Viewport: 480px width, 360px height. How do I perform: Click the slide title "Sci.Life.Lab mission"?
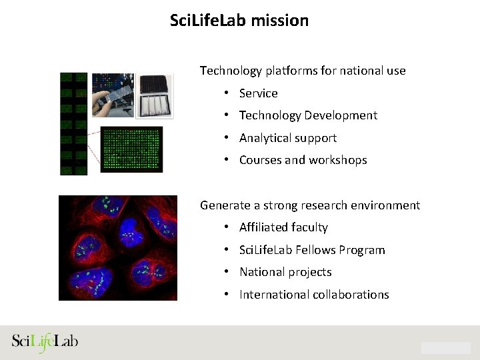[x=239, y=21]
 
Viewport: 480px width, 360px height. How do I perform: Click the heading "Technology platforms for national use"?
[x=303, y=71]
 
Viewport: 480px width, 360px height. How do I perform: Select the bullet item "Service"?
[x=258, y=93]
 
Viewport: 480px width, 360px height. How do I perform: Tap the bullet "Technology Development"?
[x=308, y=115]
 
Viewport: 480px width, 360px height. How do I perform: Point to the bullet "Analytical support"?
[x=288, y=138]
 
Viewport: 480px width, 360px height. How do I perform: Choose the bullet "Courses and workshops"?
[x=303, y=160]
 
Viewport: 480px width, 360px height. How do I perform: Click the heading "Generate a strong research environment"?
[x=310, y=205]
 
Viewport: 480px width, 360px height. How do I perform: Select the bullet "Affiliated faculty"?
[x=283, y=227]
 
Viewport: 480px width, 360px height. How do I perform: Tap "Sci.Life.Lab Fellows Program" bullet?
[x=312, y=250]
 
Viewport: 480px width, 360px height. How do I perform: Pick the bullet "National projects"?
[x=285, y=272]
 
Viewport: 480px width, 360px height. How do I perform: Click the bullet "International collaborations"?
[x=314, y=295]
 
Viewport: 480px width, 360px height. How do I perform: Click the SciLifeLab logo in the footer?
[x=45, y=342]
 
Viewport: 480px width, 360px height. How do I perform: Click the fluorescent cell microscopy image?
[x=118, y=247]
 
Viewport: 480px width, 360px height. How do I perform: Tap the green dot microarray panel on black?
[x=131, y=149]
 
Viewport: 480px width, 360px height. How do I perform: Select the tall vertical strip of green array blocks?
[x=73, y=123]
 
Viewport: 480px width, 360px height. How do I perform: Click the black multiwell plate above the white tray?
[x=157, y=83]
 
